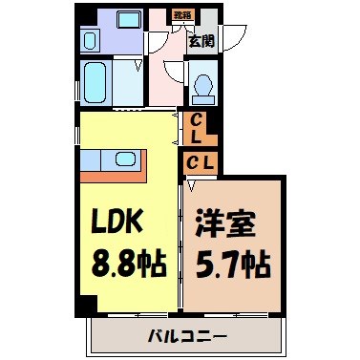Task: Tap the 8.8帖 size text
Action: click(126, 260)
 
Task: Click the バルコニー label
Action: click(187, 336)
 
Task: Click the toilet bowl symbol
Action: click(201, 85)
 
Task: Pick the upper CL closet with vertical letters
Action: click(195, 127)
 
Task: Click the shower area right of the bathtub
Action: click(128, 84)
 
